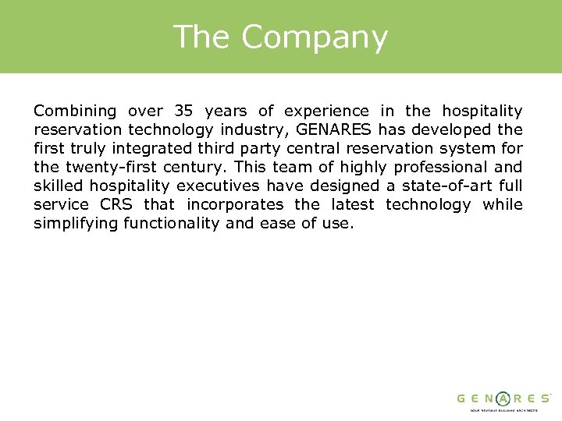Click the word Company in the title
pyautogui.click(x=314, y=38)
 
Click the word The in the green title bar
pyautogui.click(x=201, y=37)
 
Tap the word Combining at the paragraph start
pyautogui.click(x=75, y=111)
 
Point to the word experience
pyautogui.click(x=325, y=111)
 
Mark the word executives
pyautogui.click(x=214, y=186)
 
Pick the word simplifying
pyautogui.click(x=76, y=224)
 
